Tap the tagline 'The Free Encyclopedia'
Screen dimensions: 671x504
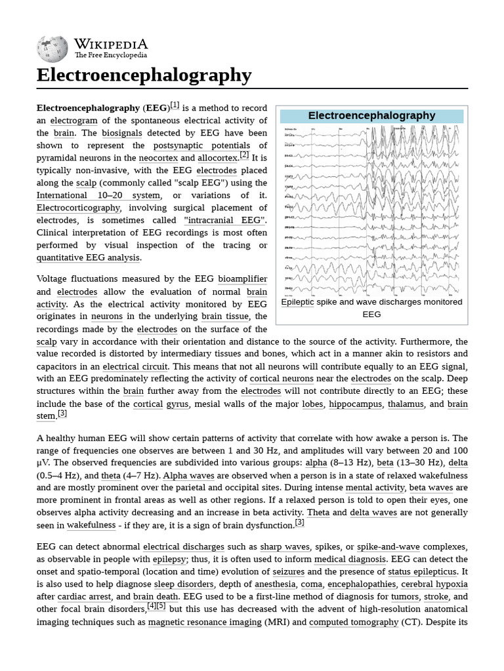[110, 56]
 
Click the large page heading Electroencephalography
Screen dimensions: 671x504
[144, 75]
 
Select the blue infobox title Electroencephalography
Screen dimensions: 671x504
[371, 116]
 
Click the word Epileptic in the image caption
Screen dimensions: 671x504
[298, 302]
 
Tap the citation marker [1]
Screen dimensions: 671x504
[175, 105]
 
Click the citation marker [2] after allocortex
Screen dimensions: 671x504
[244, 155]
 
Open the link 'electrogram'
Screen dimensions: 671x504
[73, 121]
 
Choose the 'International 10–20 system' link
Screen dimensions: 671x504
[98, 195]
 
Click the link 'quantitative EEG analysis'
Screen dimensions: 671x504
[88, 258]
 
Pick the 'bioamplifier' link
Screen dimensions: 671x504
[242, 279]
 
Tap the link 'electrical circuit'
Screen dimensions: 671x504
[135, 366]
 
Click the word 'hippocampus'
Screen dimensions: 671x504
[354, 404]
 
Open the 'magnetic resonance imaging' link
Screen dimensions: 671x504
[204, 622]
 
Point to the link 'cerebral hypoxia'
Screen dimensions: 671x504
[434, 584]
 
